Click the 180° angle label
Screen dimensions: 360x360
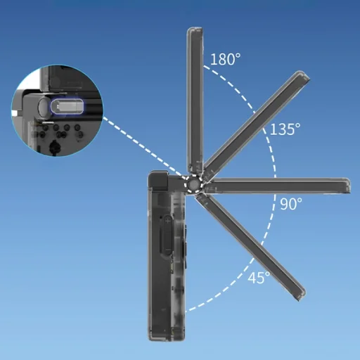pyautogui.click(x=225, y=59)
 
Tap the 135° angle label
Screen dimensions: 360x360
pyautogui.click(x=285, y=129)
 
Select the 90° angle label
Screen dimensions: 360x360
pyautogui.click(x=291, y=203)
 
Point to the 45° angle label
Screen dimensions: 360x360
pyautogui.click(x=259, y=278)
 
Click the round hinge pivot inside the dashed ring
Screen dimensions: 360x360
pyautogui.click(x=193, y=184)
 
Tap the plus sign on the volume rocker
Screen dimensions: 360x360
pyautogui.click(x=168, y=221)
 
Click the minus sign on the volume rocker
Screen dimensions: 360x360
pyautogui.click(x=167, y=250)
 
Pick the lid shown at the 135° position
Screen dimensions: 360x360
pyautogui.click(x=255, y=124)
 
